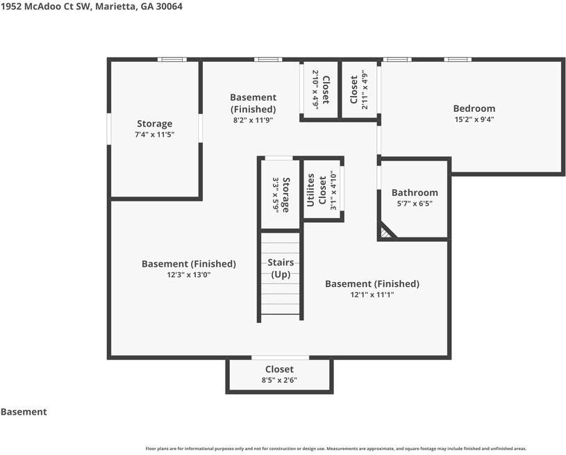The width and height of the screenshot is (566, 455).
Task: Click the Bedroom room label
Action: [x=474, y=108]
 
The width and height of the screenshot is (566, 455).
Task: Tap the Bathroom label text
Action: [x=415, y=192]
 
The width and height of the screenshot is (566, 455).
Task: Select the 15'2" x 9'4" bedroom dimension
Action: [x=474, y=119]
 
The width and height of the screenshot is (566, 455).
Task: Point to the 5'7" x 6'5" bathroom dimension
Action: [x=415, y=204]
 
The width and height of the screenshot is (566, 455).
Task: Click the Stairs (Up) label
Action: [x=281, y=268]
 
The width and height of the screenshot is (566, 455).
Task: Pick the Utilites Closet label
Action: [x=316, y=190]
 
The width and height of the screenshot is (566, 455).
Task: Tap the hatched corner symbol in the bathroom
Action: [x=385, y=233]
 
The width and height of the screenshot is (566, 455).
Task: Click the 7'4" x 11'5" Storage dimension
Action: [x=154, y=135]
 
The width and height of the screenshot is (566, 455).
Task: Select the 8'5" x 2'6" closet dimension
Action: [x=279, y=380]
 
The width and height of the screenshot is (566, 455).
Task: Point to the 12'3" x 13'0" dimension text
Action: [x=188, y=275]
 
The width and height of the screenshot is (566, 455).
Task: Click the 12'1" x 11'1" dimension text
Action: [x=372, y=295]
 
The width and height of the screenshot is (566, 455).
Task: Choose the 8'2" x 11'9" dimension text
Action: [x=253, y=120]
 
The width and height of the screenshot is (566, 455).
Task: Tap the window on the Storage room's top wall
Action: [x=172, y=60]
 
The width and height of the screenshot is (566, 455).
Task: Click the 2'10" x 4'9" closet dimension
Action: [x=315, y=89]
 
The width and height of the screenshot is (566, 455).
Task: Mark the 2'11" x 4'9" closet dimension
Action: [x=365, y=90]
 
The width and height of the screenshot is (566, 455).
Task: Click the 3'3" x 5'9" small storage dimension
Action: [x=276, y=195]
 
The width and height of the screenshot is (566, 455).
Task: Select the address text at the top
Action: [x=92, y=6]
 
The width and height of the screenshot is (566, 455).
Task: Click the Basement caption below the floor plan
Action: [x=24, y=412]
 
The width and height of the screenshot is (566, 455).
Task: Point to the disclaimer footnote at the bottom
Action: [x=336, y=449]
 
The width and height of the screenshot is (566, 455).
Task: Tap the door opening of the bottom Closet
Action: [x=280, y=358]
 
